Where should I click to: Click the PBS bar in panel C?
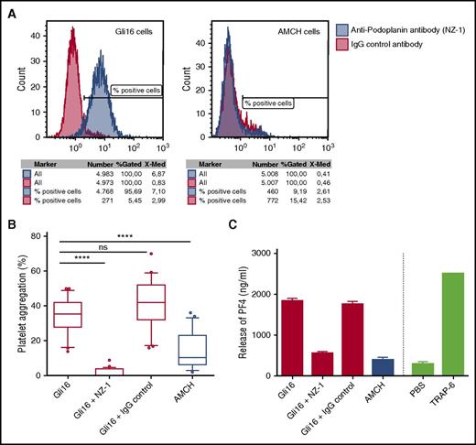420,369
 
